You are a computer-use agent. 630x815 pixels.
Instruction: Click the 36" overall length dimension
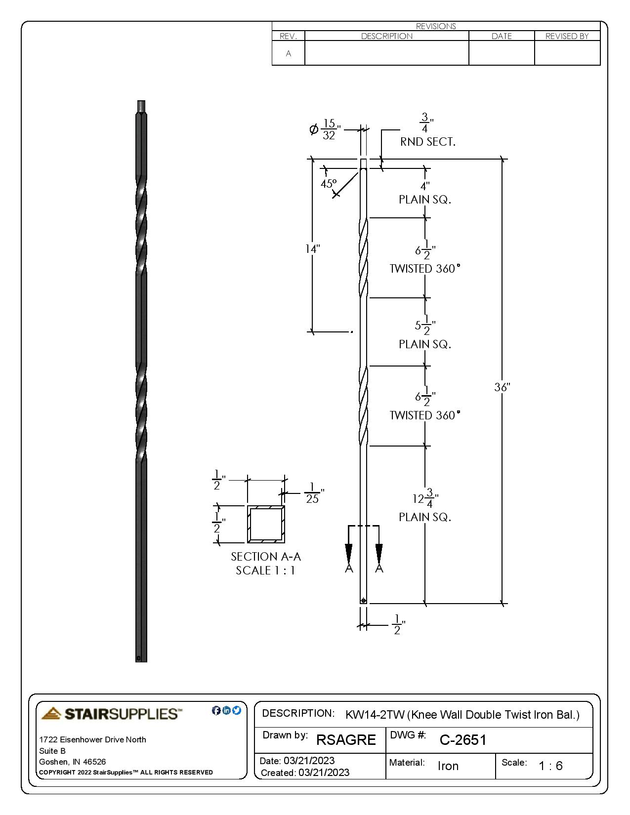tap(502, 387)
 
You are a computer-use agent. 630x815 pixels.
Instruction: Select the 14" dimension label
tap(312, 249)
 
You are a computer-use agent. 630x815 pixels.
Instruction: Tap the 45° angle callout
tap(329, 184)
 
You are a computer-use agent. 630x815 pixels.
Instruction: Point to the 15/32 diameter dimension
tap(329, 129)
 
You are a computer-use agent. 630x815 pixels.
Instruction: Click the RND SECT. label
tap(427, 142)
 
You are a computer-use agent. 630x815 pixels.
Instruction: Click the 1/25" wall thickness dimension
tap(313, 493)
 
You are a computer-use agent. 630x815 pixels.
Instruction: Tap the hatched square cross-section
tap(266, 524)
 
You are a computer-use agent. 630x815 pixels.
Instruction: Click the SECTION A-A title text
tap(266, 557)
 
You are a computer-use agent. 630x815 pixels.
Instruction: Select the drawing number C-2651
tap(463, 740)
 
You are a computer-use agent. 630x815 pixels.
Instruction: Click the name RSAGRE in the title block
tap(346, 740)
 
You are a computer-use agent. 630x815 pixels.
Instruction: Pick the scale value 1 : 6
tap(550, 766)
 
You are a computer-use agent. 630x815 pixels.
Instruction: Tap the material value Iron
tap(448, 766)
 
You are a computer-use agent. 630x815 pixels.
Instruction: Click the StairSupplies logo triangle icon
tap(51, 713)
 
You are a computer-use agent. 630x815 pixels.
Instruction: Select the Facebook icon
tap(216, 710)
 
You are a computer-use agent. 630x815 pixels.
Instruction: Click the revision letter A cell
tap(289, 53)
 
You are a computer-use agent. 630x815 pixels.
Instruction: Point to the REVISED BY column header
tap(567, 36)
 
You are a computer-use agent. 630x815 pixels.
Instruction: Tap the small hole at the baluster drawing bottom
tap(364, 601)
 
